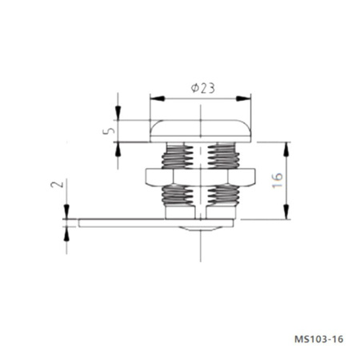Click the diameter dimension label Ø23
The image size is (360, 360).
202,89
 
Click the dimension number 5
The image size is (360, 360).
111,128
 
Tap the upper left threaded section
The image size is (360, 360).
178,156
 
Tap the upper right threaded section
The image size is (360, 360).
221,156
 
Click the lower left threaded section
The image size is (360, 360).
178,194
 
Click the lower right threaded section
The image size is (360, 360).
221,194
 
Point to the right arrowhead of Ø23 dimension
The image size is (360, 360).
246,98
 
